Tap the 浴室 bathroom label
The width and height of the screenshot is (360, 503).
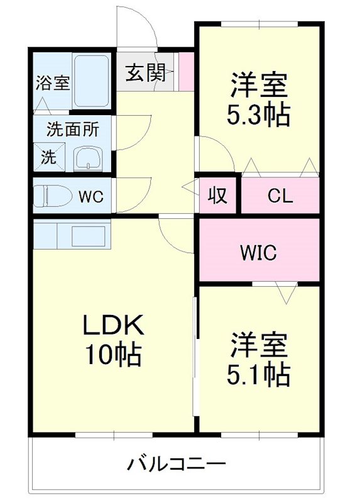pyautogui.click(x=52, y=82)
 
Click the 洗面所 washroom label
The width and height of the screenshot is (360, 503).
pyautogui.click(x=73, y=130)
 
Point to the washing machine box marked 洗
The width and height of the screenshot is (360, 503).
pyautogui.click(x=48, y=157)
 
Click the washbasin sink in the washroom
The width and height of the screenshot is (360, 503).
pyautogui.click(x=88, y=160)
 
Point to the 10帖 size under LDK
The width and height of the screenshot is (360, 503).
pyautogui.click(x=114, y=355)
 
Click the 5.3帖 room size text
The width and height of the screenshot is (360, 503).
pyautogui.click(x=258, y=114)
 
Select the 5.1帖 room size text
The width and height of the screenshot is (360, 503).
pyautogui.click(x=258, y=375)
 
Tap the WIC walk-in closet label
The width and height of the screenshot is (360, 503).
pyautogui.click(x=258, y=253)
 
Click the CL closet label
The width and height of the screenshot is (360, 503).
pyautogui.click(x=280, y=196)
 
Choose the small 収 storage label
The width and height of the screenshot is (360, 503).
pyautogui.click(x=217, y=196)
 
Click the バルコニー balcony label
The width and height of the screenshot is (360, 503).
pyautogui.click(x=177, y=466)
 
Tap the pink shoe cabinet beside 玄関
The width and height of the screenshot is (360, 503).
pyautogui.click(x=186, y=71)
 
